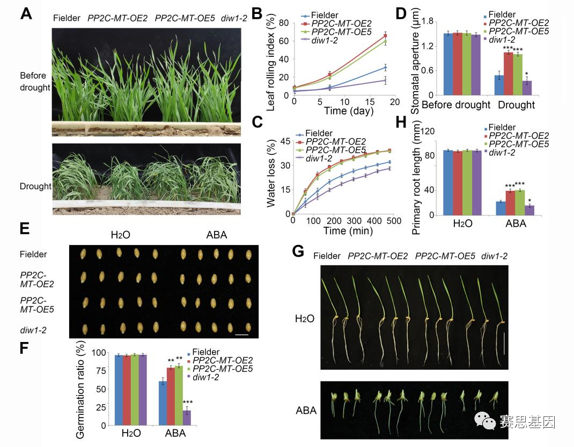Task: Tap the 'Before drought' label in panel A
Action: pos(34,81)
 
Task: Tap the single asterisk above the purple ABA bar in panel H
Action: pos(529,199)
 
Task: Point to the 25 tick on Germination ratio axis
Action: pos(97,407)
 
